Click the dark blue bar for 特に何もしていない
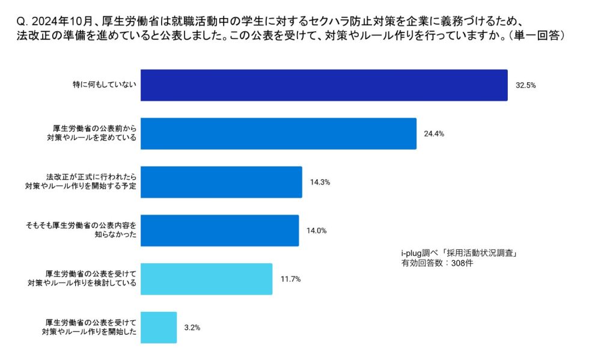[x=323, y=85]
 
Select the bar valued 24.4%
[x=278, y=133]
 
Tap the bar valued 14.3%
[x=221, y=182]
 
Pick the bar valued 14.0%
[x=219, y=230]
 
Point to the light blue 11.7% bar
[x=206, y=279]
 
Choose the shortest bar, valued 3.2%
[x=159, y=328]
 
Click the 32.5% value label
[x=526, y=85]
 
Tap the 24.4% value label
[x=434, y=133]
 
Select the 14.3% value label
[x=320, y=182]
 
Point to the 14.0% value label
[x=317, y=230]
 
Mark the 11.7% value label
[x=290, y=279]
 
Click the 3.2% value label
[x=192, y=328]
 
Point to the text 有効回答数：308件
[x=438, y=263]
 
